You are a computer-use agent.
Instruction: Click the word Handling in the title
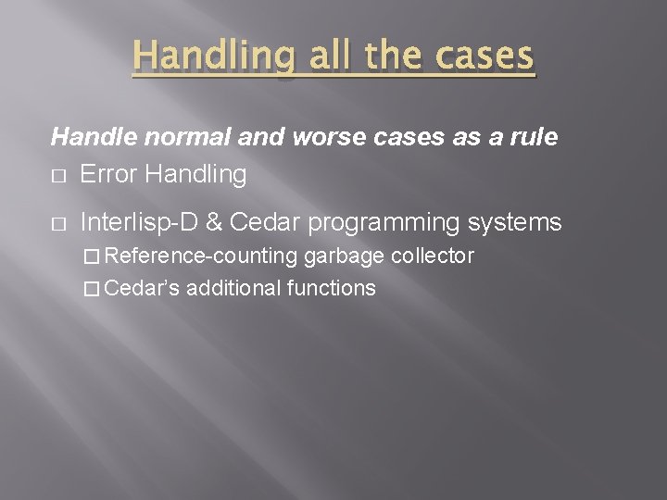click(212, 57)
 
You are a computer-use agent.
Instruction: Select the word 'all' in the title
click(330, 57)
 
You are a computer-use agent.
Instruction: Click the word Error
click(109, 174)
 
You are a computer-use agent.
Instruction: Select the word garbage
click(345, 256)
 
